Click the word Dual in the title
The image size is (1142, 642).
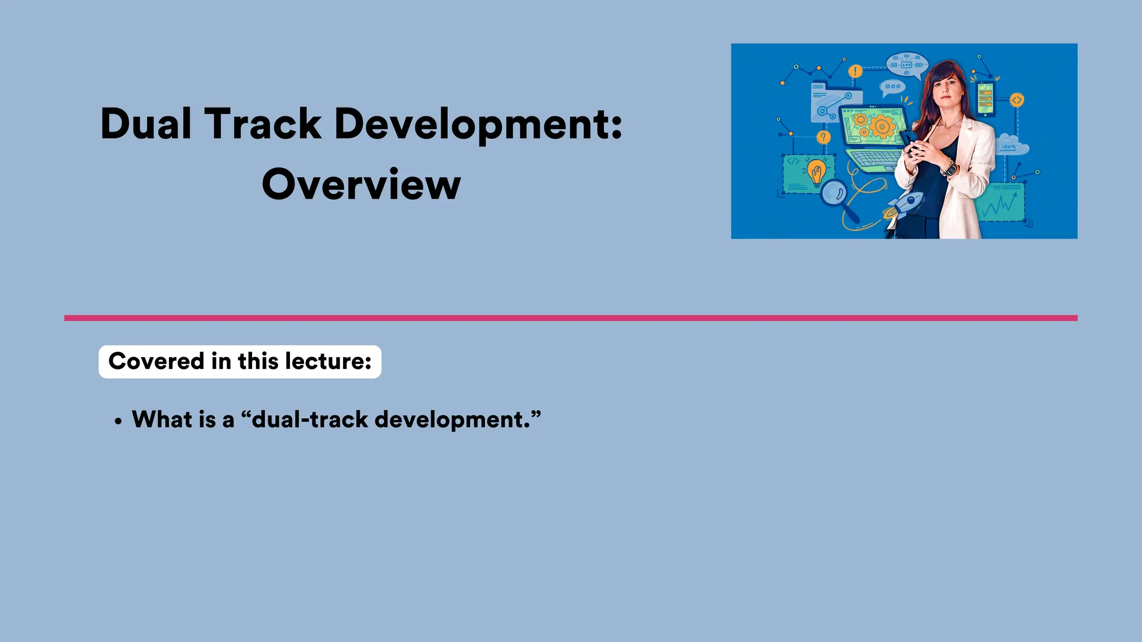pyautogui.click(x=147, y=124)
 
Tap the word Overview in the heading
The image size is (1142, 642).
pyautogui.click(x=361, y=184)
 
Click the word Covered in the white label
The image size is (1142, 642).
pyautogui.click(x=157, y=361)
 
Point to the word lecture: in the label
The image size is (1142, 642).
pyautogui.click(x=328, y=361)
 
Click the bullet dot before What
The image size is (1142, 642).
pyautogui.click(x=118, y=422)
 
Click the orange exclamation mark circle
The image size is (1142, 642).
pyautogui.click(x=855, y=71)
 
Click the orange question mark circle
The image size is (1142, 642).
pyautogui.click(x=823, y=137)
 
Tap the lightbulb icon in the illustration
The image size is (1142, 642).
pyautogui.click(x=816, y=171)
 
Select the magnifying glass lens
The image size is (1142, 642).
pyautogui.click(x=834, y=193)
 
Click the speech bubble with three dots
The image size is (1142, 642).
pyautogui.click(x=892, y=87)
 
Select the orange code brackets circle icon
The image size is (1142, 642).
pyautogui.click(x=1017, y=100)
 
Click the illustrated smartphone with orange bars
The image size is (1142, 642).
pyautogui.click(x=985, y=99)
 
